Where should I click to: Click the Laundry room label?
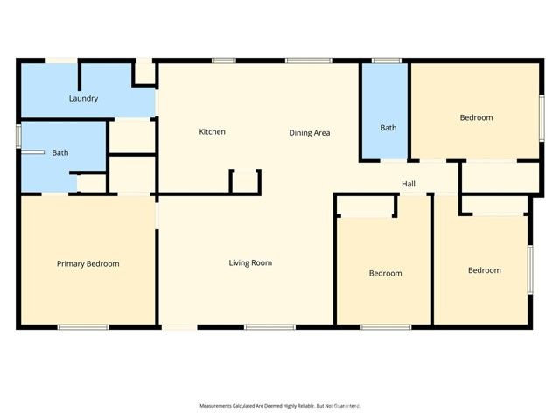tap(83, 99)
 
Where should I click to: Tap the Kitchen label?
tap(213, 132)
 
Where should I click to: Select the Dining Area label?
tap(309, 133)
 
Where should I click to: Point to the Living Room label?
tap(250, 262)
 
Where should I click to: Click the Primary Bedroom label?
tap(87, 263)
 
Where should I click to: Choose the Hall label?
tap(409, 184)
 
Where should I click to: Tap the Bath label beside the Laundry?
tap(59, 153)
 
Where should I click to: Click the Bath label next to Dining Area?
tap(388, 128)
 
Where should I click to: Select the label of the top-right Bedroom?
tap(476, 117)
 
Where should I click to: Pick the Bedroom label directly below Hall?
tap(385, 273)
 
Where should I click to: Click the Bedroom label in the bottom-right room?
tap(484, 270)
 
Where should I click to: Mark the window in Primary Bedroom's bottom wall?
tap(83, 327)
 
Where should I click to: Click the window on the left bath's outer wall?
tap(18, 136)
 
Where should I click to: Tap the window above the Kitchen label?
tap(224, 60)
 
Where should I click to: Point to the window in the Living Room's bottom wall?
tap(257, 327)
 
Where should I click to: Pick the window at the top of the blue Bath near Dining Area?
tap(386, 60)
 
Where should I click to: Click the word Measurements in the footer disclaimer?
tap(220, 406)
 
